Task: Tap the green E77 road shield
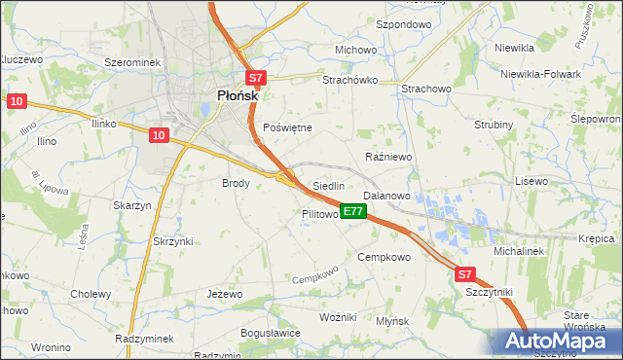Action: [x=353, y=211]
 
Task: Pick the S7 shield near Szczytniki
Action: [x=465, y=275]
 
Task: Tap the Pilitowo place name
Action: [x=319, y=213]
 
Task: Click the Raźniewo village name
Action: [x=388, y=157]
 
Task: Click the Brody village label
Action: [x=237, y=183]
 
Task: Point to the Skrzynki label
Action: [x=173, y=241]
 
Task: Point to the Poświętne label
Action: [x=287, y=127]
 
